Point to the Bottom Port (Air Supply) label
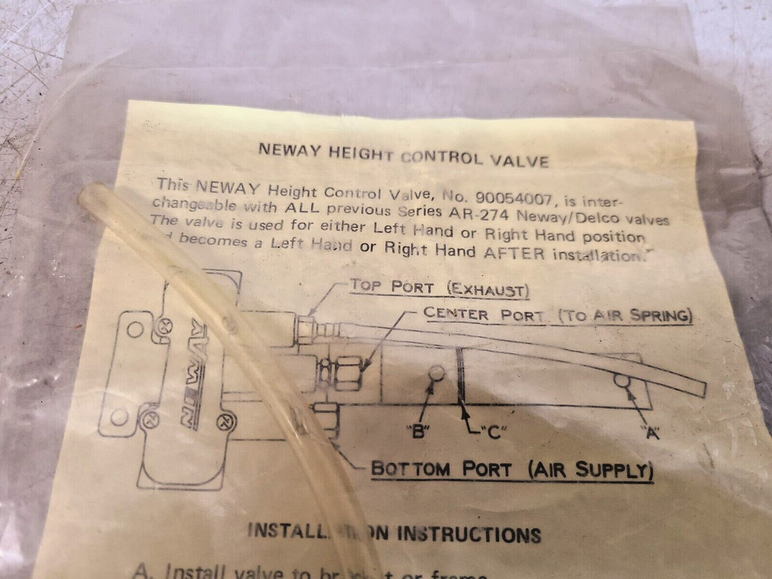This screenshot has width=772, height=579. pyautogui.click(x=512, y=470)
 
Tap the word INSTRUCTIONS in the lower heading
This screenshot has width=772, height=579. pyautogui.click(x=469, y=534)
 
